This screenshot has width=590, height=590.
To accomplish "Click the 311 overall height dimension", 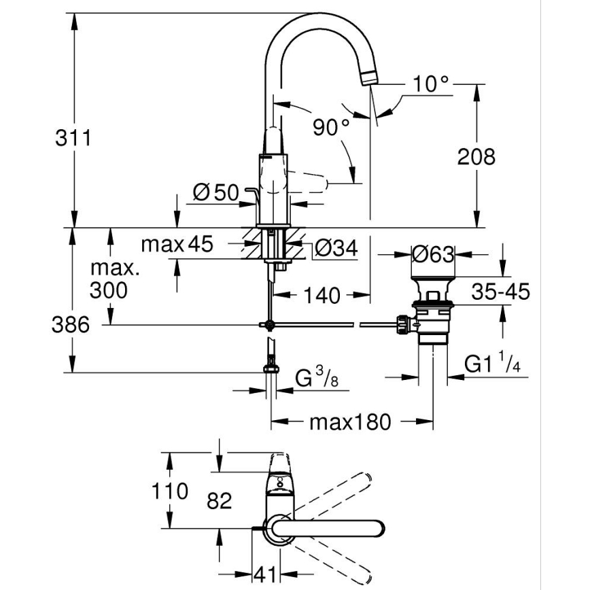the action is (73, 139).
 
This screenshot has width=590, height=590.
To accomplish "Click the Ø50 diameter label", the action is (215, 193).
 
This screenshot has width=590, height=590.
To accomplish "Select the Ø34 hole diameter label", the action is (335, 249).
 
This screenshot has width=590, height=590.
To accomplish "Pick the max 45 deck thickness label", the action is (177, 243).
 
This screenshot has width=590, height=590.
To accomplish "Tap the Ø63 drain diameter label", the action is (433, 256).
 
